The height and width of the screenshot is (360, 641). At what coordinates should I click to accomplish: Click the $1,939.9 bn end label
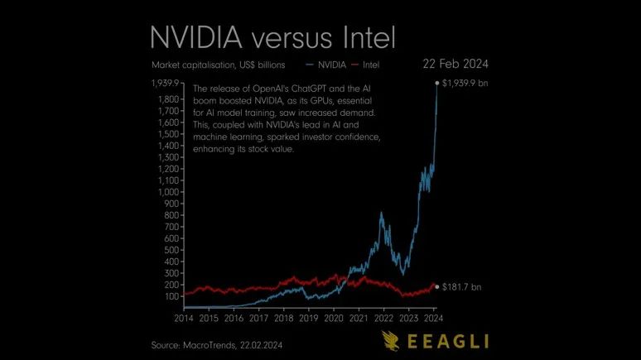point(466,84)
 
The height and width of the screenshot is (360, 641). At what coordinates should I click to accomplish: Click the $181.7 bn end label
point(462,287)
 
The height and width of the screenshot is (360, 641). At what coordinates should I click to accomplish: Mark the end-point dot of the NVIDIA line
point(437,84)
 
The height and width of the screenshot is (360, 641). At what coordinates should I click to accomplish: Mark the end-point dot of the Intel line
point(437,287)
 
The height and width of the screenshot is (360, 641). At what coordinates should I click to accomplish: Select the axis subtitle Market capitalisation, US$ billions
point(218,64)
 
